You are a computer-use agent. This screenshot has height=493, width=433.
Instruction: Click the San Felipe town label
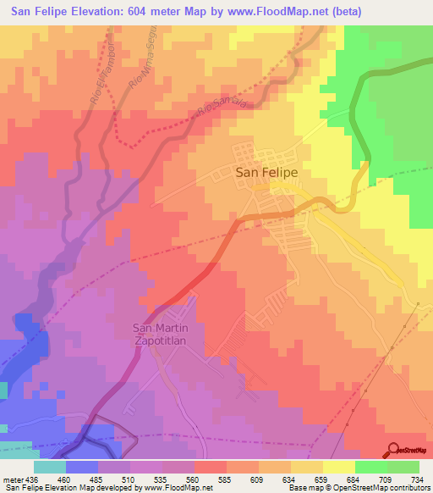pyautogui.click(x=266, y=171)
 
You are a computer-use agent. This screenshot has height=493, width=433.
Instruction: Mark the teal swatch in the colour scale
pyautogui.click(x=50, y=467)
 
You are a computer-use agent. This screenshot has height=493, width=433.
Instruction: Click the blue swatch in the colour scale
pyautogui.click(x=82, y=467)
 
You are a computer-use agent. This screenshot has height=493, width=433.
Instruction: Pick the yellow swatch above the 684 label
pyautogui.click(x=339, y=467)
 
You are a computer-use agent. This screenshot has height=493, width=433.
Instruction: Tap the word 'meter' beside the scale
pyautogui.click(x=10, y=480)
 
